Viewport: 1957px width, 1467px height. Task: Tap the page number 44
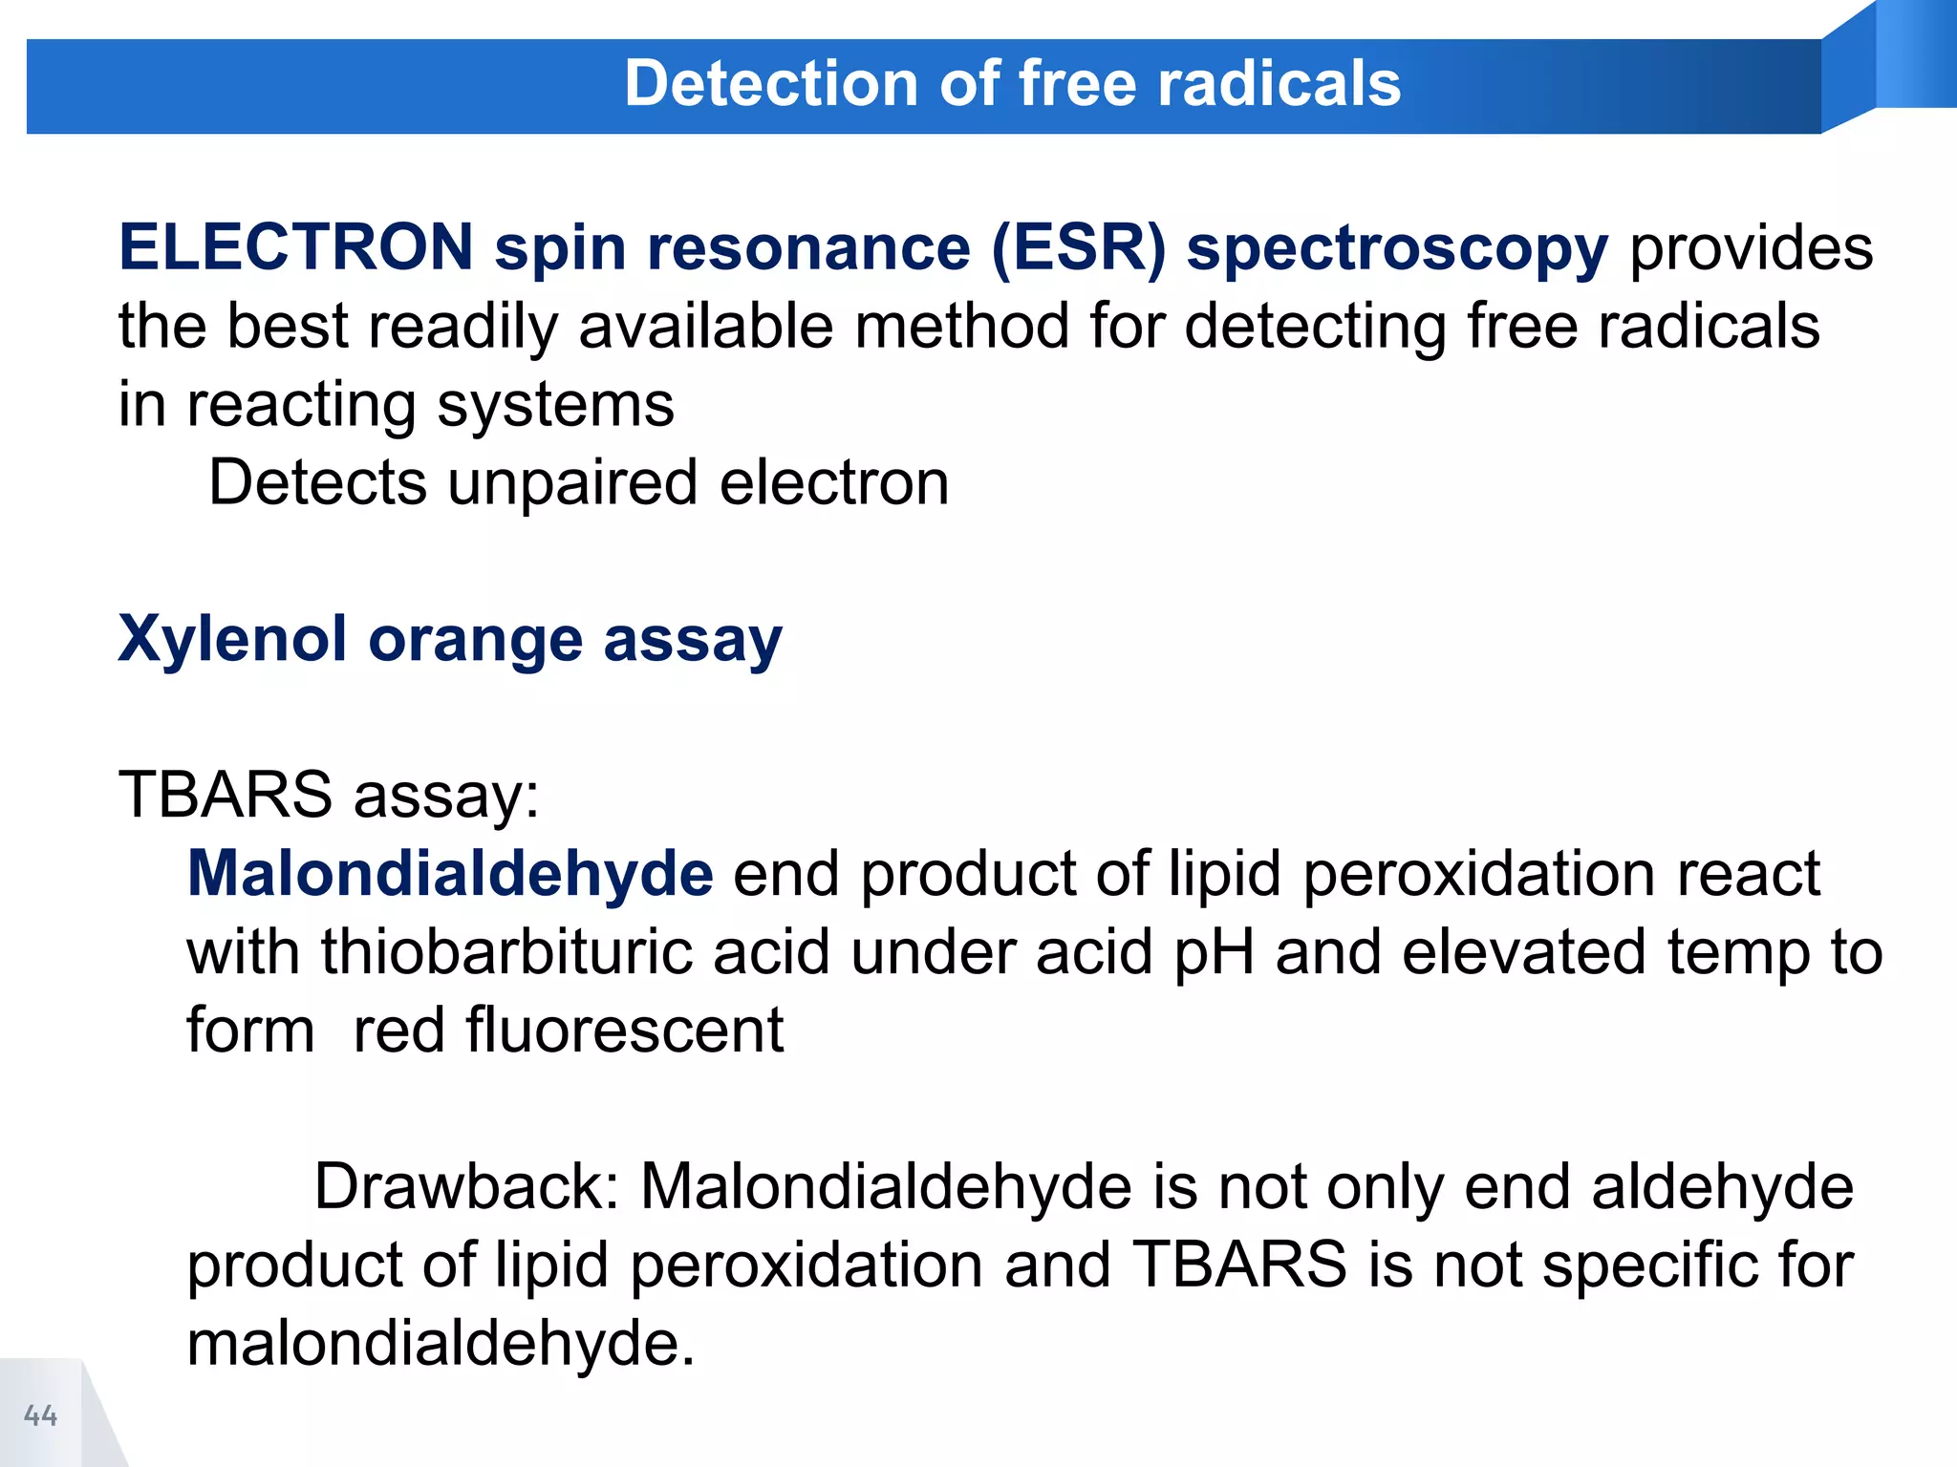tap(41, 1414)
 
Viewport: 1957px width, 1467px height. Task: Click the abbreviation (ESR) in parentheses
tap(1079, 247)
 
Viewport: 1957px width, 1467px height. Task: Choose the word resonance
tap(808, 247)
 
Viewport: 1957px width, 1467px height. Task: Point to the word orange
tap(475, 641)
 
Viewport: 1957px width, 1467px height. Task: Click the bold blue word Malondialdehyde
tap(450, 873)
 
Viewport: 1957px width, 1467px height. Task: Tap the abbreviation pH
tap(1214, 954)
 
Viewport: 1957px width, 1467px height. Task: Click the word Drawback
tap(466, 1186)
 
